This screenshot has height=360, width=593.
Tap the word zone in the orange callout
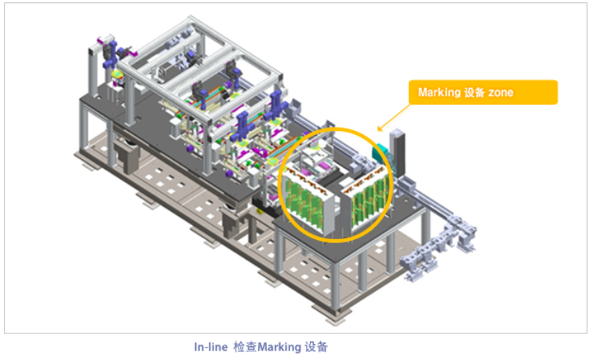(500, 93)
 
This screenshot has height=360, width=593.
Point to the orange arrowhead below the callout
(380, 129)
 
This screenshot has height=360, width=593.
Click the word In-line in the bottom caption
(211, 347)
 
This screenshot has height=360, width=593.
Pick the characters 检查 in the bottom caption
(246, 347)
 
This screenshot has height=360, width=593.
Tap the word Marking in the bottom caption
(279, 347)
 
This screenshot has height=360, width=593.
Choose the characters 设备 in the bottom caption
(316, 347)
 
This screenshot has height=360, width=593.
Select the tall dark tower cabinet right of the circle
(398, 152)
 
